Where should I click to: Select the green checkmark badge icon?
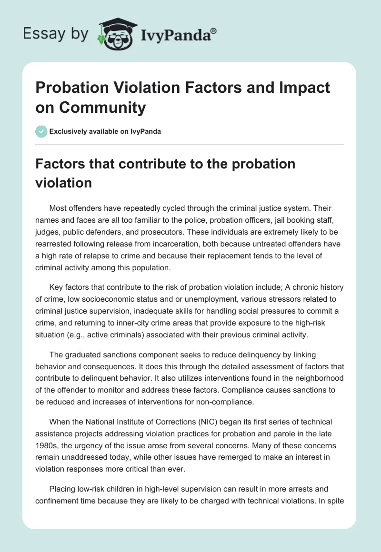(x=41, y=131)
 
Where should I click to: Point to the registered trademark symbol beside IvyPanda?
(x=213, y=31)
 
